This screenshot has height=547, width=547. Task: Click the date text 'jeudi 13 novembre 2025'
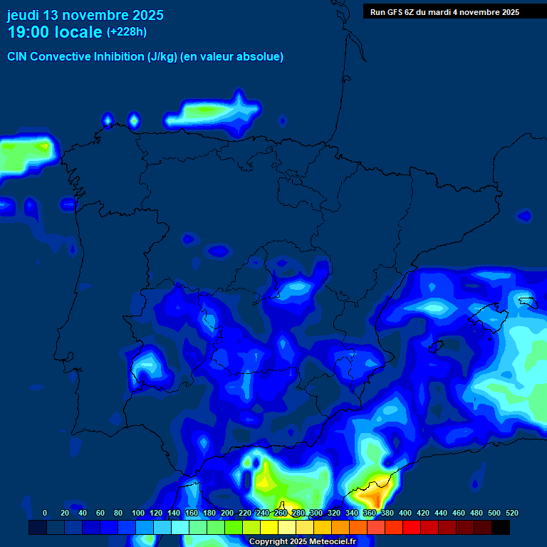(x=85, y=15)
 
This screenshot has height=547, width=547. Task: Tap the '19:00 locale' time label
(x=54, y=32)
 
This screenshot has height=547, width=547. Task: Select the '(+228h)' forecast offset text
(x=127, y=32)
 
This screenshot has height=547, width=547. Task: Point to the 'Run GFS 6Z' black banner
(x=444, y=12)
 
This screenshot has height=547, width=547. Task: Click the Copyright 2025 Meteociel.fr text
(x=302, y=541)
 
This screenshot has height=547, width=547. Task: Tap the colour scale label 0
(x=45, y=513)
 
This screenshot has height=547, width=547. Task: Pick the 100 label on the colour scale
(x=137, y=513)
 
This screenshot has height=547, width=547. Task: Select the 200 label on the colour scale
(x=226, y=513)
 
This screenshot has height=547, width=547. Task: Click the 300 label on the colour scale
(x=316, y=513)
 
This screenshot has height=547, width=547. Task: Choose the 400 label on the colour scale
(x=405, y=513)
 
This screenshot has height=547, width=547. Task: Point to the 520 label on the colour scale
(x=511, y=513)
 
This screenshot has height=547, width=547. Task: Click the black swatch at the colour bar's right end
(x=501, y=528)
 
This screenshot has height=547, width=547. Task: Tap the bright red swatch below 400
(x=412, y=528)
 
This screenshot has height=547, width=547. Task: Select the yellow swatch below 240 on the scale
(x=269, y=528)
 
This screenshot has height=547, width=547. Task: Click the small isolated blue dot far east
(x=524, y=215)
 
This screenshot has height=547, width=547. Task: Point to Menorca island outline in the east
(x=527, y=301)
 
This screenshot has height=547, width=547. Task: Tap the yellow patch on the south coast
(x=266, y=479)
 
